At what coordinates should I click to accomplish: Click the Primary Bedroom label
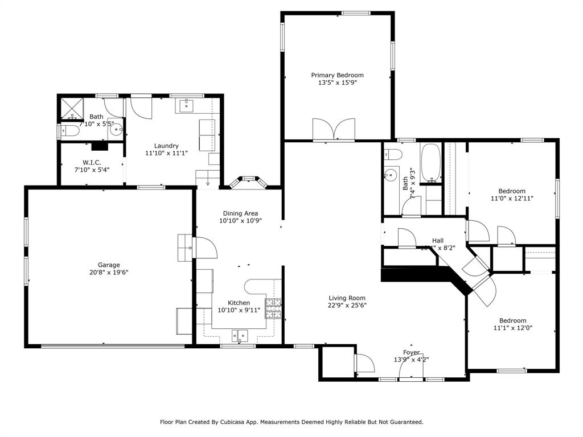pos(337,75)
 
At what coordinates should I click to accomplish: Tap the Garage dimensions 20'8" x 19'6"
pos(109,273)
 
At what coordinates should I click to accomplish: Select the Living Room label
pos(347,298)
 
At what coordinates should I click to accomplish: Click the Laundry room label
pos(166,146)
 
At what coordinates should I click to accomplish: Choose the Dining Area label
pos(240,213)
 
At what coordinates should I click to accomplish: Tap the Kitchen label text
pos(239,303)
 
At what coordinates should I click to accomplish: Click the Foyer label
pos(411,353)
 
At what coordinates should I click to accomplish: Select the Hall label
pos(437,241)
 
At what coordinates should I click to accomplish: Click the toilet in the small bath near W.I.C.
pos(69,132)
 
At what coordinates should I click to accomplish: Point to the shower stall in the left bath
pos(71,108)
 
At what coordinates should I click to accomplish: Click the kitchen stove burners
pos(274,308)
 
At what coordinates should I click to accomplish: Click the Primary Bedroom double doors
pos(334,130)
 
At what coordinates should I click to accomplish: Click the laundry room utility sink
pos(187,105)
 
